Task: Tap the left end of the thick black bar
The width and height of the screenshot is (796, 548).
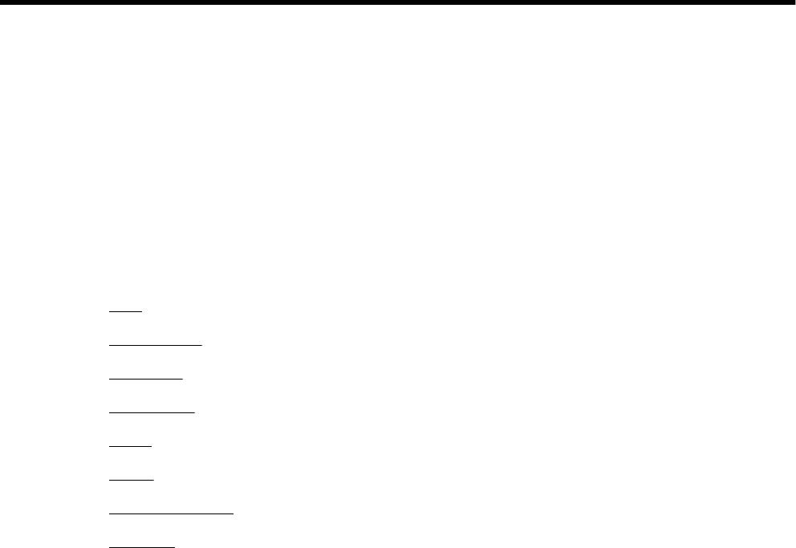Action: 2,3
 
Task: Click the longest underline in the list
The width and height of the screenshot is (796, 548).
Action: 171,511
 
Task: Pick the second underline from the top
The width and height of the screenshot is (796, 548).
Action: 156,344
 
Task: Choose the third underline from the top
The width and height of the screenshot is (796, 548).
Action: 146,378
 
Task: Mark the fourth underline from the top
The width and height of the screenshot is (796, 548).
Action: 152,411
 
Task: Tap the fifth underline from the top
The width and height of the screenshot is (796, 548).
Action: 130,444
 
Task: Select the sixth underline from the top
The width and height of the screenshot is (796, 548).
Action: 131,478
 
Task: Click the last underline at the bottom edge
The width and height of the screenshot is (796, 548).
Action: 142,546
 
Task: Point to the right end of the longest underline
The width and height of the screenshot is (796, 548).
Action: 233,511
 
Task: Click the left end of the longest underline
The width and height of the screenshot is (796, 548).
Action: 109,511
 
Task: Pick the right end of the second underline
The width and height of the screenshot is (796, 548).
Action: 202,344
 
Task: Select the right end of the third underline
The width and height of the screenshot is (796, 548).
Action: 183,378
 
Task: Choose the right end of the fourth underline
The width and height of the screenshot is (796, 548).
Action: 194,411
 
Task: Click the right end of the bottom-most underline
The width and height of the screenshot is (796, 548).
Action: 174,546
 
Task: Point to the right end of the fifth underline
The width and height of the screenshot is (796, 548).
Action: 151,444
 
